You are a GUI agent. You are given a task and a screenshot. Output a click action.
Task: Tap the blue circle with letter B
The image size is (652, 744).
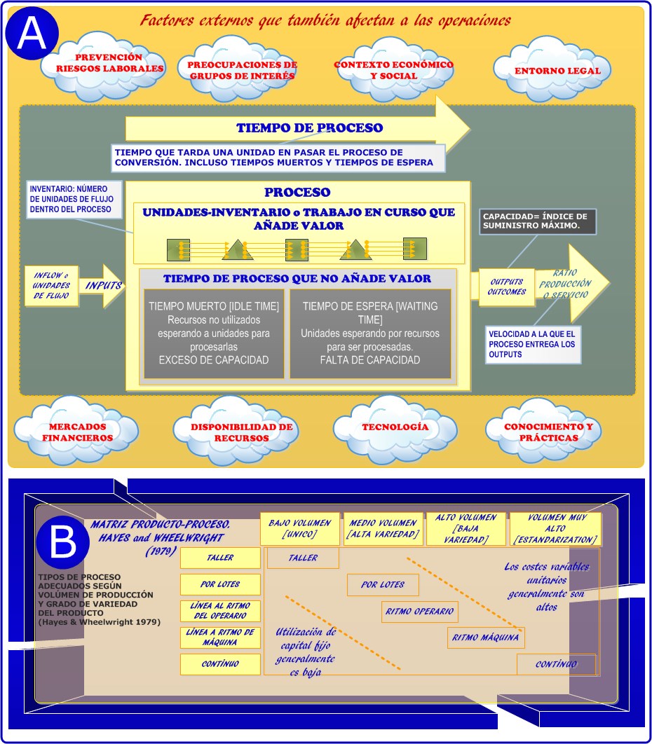click(x=63, y=540)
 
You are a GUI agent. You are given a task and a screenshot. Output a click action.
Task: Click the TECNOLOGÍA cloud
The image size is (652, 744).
click(x=395, y=427)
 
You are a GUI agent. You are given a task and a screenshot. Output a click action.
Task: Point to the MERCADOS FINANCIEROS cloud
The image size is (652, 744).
click(x=77, y=432)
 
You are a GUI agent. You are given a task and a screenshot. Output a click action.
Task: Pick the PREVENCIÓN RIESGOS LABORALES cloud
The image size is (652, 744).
click(x=109, y=64)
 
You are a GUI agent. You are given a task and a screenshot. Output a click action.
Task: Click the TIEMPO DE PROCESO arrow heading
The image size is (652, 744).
click(x=309, y=128)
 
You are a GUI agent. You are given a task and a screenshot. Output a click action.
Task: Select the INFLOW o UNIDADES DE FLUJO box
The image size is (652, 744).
click(x=51, y=286)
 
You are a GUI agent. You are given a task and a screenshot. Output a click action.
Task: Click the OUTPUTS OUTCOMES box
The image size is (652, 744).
click(x=507, y=287)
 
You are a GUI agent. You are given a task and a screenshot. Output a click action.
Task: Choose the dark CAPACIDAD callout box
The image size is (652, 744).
click(x=538, y=221)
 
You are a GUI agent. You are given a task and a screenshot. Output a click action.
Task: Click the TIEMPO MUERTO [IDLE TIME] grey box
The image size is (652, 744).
click(x=214, y=333)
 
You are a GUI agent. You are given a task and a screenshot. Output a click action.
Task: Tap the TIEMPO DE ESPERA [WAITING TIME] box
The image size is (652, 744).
click(x=370, y=333)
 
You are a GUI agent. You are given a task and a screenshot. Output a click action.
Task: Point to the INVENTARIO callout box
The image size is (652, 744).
click(x=70, y=200)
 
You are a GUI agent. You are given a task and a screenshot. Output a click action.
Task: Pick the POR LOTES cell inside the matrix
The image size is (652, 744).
click(x=383, y=585)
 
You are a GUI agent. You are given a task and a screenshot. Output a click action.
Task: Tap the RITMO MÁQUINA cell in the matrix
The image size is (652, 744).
click(x=486, y=638)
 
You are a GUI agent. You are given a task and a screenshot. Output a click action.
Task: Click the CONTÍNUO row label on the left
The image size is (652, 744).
click(x=220, y=663)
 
